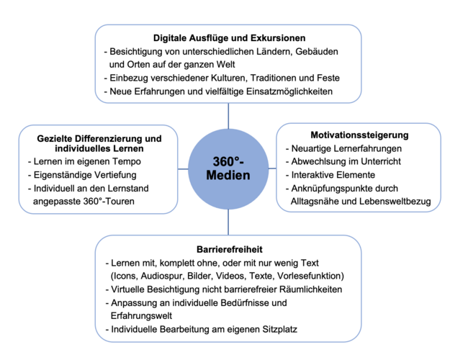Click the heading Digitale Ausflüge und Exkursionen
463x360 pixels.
pos(229,37)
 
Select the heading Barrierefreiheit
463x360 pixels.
pos(229,249)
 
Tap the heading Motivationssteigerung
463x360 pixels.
pos(359,135)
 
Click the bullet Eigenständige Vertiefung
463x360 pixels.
pos(81,175)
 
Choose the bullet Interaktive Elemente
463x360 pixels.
pos(334,175)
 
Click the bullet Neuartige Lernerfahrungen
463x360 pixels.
pos(346,148)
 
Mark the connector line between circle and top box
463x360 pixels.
pos(229,114)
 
